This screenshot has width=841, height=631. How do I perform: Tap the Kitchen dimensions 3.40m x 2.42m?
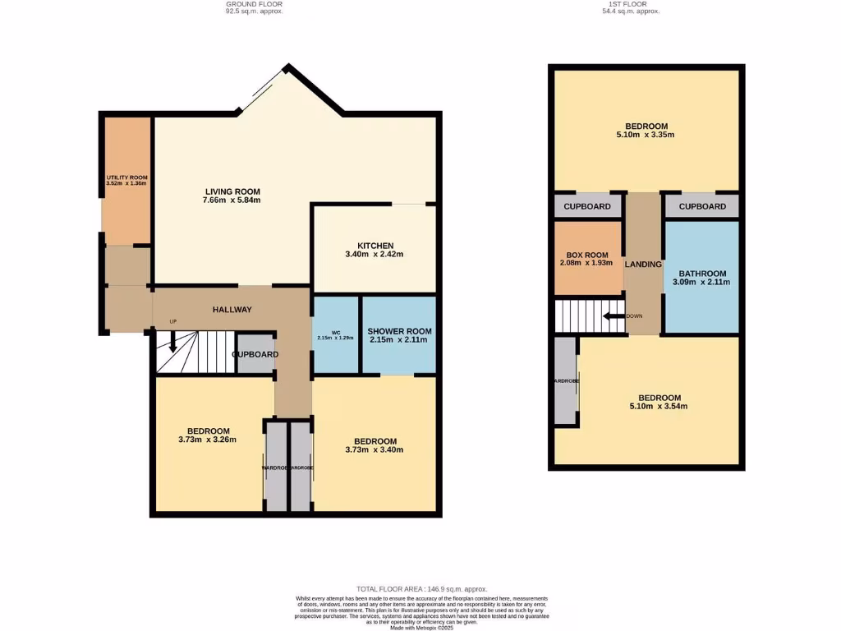click(x=375, y=255)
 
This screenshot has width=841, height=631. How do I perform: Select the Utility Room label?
click(x=126, y=177)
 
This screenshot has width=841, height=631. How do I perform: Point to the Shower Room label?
click(x=399, y=331)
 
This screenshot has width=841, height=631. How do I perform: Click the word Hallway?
click(x=232, y=309)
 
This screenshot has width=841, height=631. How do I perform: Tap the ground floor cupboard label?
click(x=255, y=354)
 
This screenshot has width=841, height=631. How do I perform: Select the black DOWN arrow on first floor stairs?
click(x=612, y=316)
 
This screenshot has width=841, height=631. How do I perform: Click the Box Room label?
click(x=586, y=255)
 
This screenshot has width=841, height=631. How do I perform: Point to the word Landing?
click(x=643, y=265)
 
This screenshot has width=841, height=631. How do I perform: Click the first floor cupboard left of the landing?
click(x=586, y=206)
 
